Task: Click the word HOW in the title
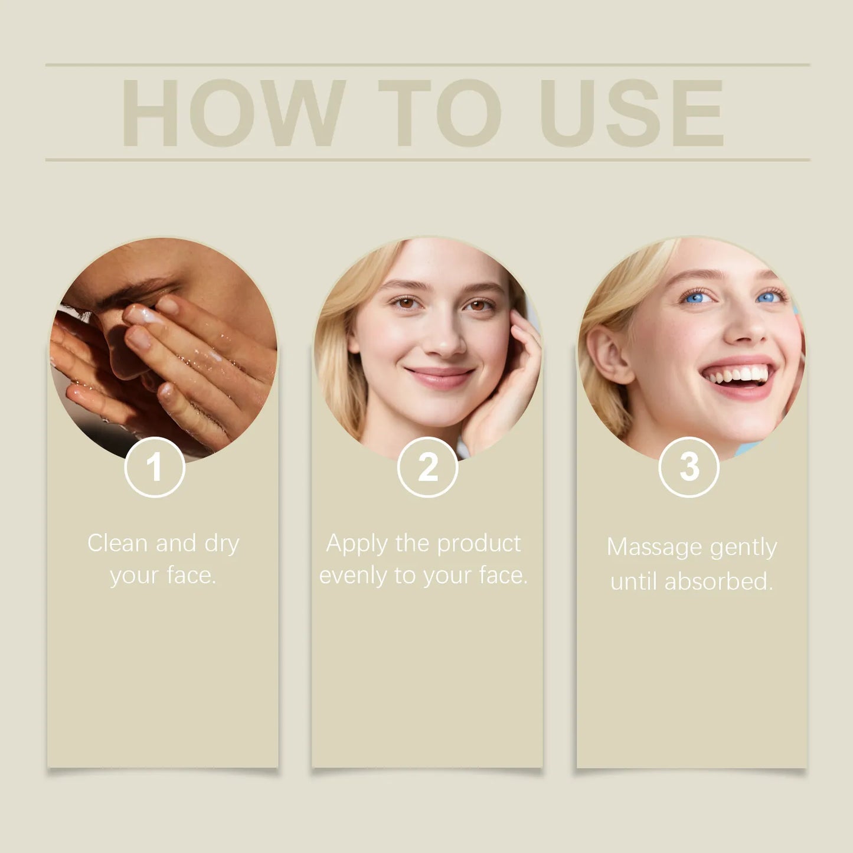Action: pyautogui.click(x=233, y=113)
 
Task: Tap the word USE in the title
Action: pyautogui.click(x=632, y=113)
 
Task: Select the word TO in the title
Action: pyautogui.click(x=439, y=113)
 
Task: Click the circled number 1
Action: pyautogui.click(x=155, y=468)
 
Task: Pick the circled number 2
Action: pyautogui.click(x=427, y=468)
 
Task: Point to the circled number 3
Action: pyautogui.click(x=689, y=468)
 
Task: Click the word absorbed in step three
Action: pyautogui.click(x=718, y=581)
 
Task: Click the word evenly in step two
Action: pyautogui.click(x=352, y=576)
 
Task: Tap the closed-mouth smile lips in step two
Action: pyautogui.click(x=439, y=376)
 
